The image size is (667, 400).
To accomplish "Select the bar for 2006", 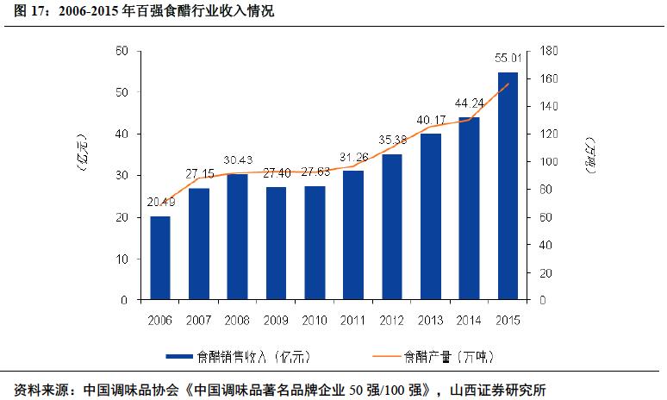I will pyautogui.click(x=160, y=258).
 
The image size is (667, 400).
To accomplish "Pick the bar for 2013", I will pyautogui.click(x=430, y=216).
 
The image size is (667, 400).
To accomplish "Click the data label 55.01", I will pyautogui.click(x=508, y=59).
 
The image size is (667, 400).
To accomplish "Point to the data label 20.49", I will pyautogui.click(x=160, y=203).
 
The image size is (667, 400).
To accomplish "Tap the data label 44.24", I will pyautogui.click(x=469, y=103).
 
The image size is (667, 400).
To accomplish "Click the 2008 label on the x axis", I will pyautogui.click(x=238, y=320).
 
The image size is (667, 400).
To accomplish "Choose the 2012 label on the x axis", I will pyautogui.click(x=392, y=320).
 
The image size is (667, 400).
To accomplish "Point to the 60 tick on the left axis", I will pyautogui.click(x=122, y=52).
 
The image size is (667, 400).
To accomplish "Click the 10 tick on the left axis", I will pyautogui.click(x=122, y=259).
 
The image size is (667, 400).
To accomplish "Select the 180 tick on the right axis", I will pyautogui.click(x=548, y=52).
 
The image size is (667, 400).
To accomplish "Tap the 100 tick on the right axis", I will pyautogui.click(x=548, y=162).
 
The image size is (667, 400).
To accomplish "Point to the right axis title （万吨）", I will pyautogui.click(x=590, y=155).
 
